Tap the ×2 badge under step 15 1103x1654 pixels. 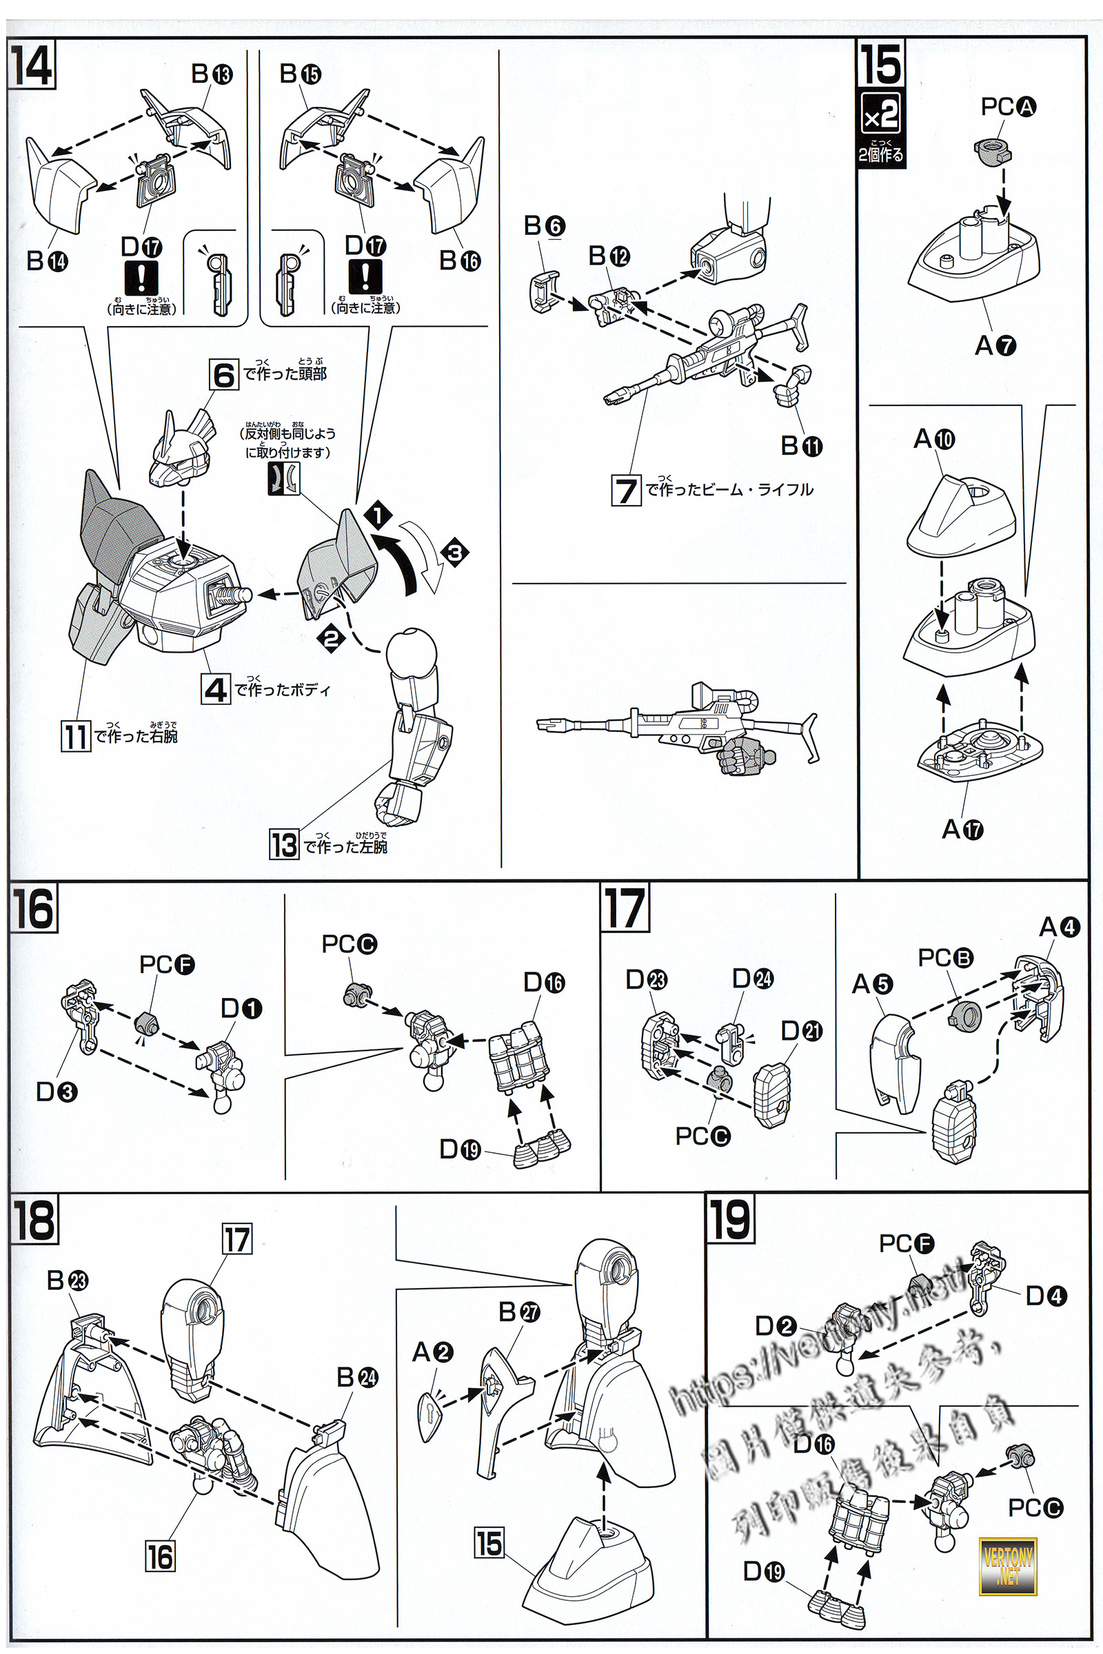click(x=881, y=114)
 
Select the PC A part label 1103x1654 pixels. click(x=1009, y=107)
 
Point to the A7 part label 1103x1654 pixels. click(x=995, y=345)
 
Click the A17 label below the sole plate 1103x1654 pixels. click(x=962, y=830)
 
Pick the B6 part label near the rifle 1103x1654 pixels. click(x=544, y=226)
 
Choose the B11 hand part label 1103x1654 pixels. click(x=801, y=446)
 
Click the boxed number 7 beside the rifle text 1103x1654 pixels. click(x=625, y=490)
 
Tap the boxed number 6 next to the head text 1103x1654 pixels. click(x=223, y=374)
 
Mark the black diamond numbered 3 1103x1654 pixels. click(x=454, y=552)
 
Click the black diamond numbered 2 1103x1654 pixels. click(x=331, y=638)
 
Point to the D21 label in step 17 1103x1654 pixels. click(x=801, y=1031)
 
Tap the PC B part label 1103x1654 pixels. click(x=945, y=957)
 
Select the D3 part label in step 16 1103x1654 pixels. click(x=57, y=1092)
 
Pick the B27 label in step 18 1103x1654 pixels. click(x=518, y=1311)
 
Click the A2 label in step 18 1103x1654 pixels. click(x=433, y=1351)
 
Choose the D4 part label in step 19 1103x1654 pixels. click(x=1046, y=1296)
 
